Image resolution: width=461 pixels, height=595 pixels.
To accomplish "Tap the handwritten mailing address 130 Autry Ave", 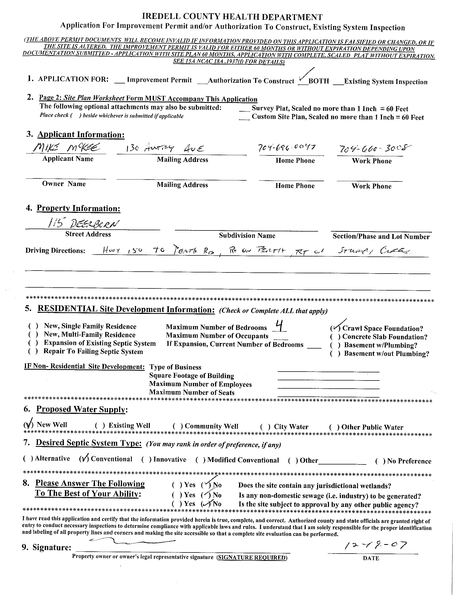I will coord(165,148).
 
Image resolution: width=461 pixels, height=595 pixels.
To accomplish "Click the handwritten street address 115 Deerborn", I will coord(83,224).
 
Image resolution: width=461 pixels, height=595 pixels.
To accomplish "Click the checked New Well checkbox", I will coord(28,424).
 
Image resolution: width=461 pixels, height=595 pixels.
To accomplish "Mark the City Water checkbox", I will coord(265,427).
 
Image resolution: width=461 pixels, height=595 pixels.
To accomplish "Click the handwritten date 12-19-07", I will coord(376,545).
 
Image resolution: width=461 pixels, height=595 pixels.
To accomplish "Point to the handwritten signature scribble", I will coord(131,541).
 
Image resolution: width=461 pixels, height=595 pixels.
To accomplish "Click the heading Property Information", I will coord(78,209).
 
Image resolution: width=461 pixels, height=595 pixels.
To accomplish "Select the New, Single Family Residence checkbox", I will coord(33,326).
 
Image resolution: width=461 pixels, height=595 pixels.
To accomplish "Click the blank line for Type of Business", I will coord(328,369).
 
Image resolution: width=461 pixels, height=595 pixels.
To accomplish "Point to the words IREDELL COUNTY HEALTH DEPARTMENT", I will coord(232,17).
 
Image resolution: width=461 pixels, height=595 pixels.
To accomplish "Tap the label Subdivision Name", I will coord(247,236).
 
